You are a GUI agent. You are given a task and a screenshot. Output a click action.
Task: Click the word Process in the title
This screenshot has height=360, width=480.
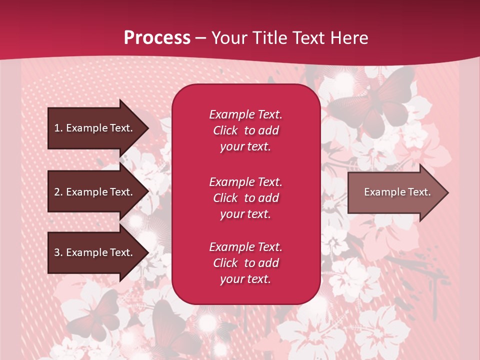pyautogui.click(x=157, y=37)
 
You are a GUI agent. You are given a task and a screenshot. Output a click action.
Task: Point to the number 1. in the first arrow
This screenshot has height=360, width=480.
pyautogui.click(x=58, y=128)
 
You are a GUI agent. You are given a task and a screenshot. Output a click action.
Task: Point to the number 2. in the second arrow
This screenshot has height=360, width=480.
pyautogui.click(x=58, y=192)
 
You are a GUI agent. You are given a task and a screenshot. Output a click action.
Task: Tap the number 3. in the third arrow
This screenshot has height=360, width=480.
pyautogui.click(x=58, y=252)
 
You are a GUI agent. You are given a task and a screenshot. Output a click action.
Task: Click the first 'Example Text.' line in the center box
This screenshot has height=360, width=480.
pyautogui.click(x=245, y=114)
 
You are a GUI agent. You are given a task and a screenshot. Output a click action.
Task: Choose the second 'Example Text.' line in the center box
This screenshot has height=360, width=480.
pyautogui.click(x=245, y=181)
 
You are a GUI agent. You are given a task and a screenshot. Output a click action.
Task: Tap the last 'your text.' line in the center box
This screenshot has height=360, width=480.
pyautogui.click(x=245, y=279)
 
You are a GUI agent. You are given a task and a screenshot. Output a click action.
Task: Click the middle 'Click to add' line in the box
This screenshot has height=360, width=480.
pyautogui.click(x=245, y=198)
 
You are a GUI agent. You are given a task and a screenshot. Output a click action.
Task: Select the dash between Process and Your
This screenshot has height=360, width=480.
pyautogui.click(x=200, y=38)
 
